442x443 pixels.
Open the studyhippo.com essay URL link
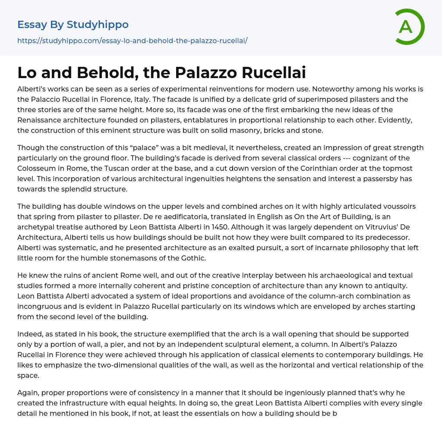132,41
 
